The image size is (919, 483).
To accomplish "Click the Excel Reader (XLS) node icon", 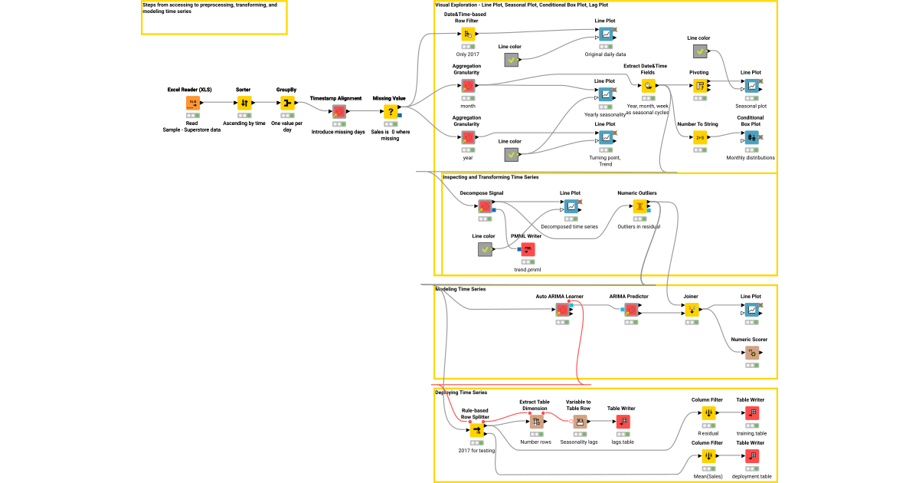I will coord(192,103).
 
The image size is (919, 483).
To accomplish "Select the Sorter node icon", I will coord(244,103).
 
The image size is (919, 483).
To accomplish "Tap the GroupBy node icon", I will coord(286,103).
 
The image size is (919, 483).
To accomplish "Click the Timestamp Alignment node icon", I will coord(338,111).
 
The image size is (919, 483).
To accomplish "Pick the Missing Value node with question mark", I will coord(390,111).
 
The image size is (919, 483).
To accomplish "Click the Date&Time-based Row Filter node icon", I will coord(467,34).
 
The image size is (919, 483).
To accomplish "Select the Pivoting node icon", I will coord(699,86).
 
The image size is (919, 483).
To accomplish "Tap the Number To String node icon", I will coord(699,137).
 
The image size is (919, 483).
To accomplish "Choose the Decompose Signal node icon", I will coord(484,206).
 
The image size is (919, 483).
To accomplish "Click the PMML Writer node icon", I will coord(527,249).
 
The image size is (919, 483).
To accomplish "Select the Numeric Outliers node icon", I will coord(638,206).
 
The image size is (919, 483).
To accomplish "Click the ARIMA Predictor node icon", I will coord(630,310).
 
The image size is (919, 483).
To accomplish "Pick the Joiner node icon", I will coord(691,310).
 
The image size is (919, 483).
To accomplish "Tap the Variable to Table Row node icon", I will coord(579,422).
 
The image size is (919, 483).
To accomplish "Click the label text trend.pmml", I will coord(528,270).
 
